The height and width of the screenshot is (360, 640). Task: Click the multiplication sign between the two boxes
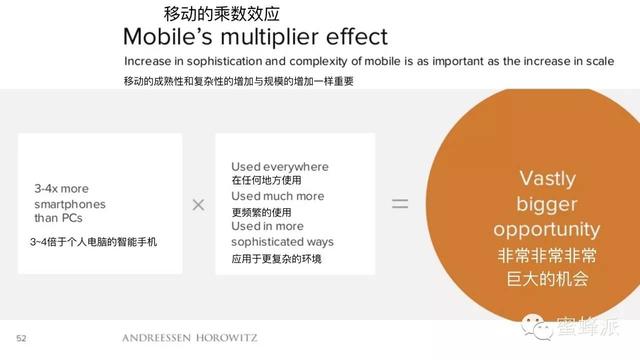pos(198,204)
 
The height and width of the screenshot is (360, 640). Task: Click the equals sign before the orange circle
pos(400,203)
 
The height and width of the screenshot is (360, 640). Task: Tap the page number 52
pos(21,338)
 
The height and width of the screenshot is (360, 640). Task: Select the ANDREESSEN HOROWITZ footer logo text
pos(189,338)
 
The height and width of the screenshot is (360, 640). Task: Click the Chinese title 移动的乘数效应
pos(221,14)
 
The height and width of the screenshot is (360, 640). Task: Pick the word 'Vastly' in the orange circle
pos(547,179)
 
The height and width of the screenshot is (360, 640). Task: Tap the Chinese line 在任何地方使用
pos(265,180)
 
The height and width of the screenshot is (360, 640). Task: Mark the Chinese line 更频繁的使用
pos(261,212)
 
